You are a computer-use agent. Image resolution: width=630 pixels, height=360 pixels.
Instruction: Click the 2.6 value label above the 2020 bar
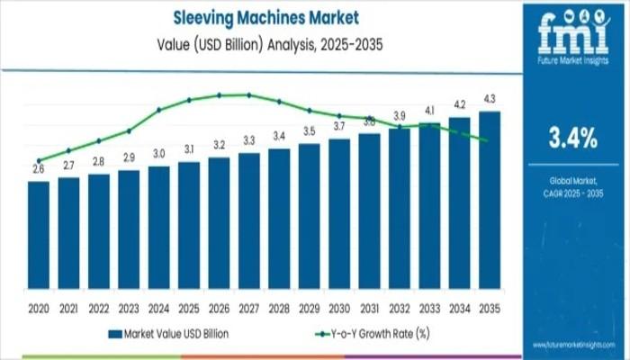[x=39, y=168]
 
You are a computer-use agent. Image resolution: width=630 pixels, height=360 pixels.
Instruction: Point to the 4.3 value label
[x=490, y=98]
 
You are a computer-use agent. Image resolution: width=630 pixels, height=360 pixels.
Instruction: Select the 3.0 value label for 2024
[x=159, y=153]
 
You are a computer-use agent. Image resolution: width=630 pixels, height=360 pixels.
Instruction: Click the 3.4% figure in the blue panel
[x=572, y=138]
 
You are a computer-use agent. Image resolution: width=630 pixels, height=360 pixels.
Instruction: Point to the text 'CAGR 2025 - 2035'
[x=572, y=193]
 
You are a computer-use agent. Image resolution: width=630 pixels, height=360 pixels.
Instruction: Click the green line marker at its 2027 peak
[x=249, y=94]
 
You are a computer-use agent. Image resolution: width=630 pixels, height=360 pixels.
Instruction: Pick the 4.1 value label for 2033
[x=429, y=110]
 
